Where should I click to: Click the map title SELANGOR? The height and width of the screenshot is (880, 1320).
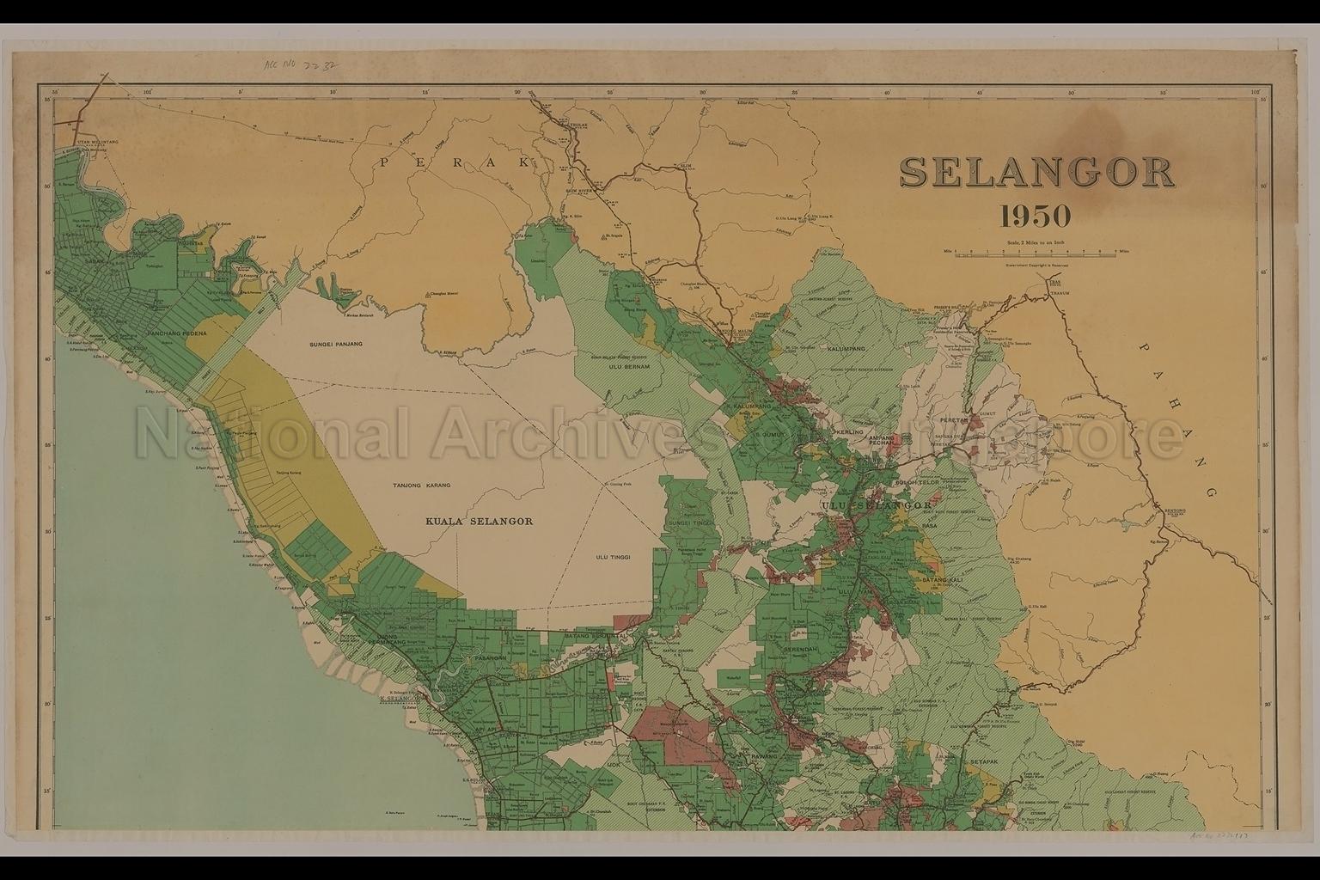tap(1036, 173)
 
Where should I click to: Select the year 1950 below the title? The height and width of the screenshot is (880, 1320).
tap(1036, 216)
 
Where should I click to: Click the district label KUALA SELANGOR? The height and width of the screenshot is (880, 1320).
tap(480, 521)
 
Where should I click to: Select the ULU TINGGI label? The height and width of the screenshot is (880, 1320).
tap(613, 557)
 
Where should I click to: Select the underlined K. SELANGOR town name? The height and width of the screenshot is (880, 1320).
tap(397, 699)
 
